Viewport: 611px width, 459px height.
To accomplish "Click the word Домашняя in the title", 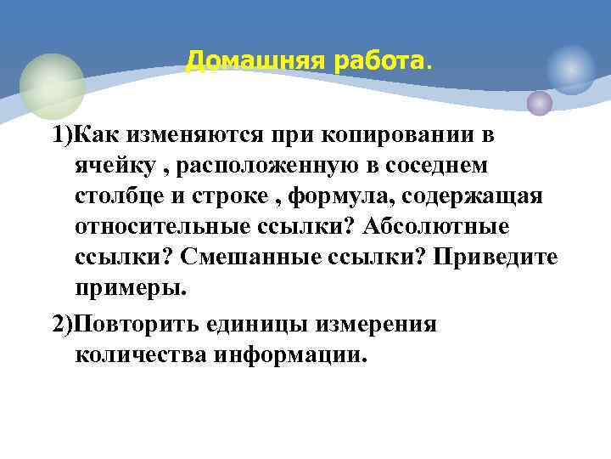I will pos(239,61).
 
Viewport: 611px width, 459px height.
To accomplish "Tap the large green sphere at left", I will pos(52,86).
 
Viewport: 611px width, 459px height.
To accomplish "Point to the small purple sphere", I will pos(540,103).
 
